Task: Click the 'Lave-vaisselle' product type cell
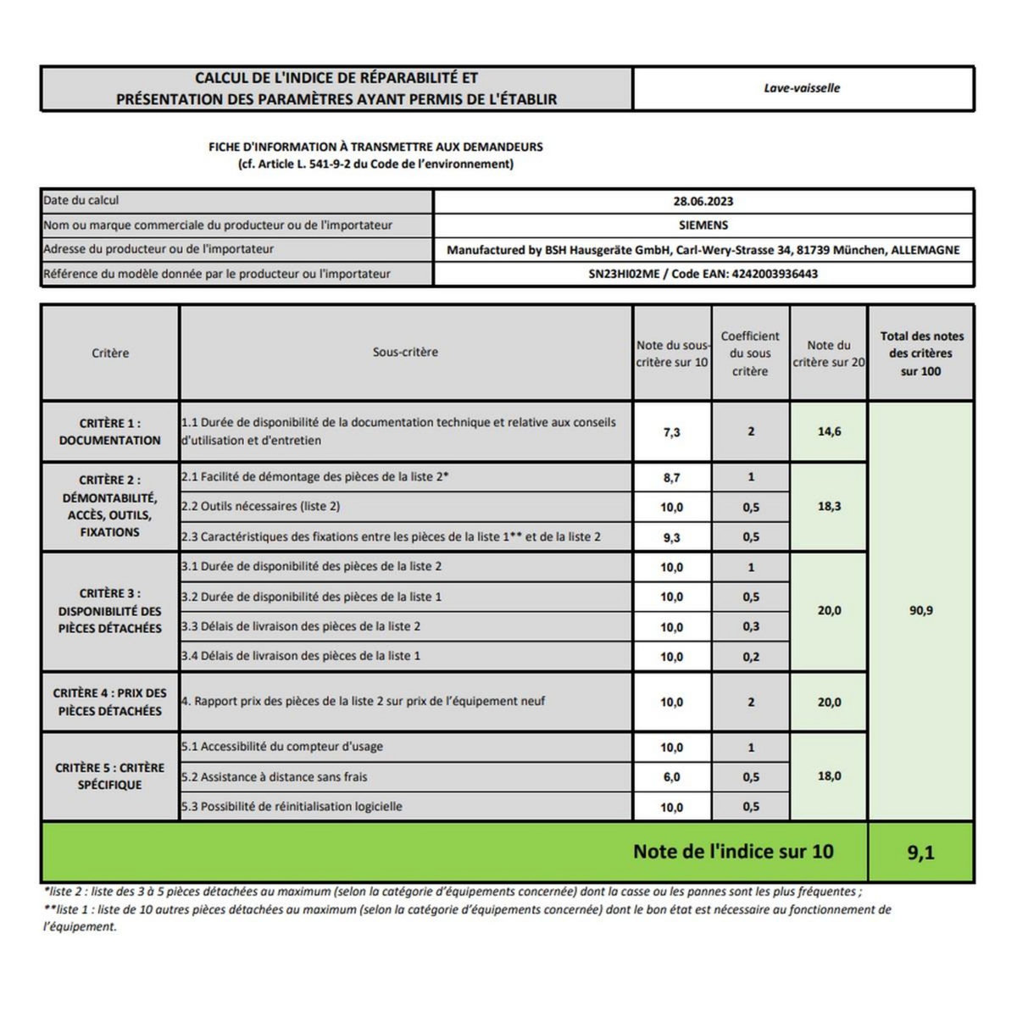pyautogui.click(x=802, y=88)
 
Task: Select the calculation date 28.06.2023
pyautogui.click(x=703, y=202)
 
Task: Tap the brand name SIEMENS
pyautogui.click(x=703, y=225)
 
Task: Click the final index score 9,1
pyautogui.click(x=920, y=853)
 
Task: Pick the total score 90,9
pyautogui.click(x=920, y=610)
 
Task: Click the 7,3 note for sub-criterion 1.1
pyautogui.click(x=671, y=432)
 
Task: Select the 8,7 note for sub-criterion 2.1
pyautogui.click(x=671, y=478)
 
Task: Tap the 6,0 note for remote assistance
pyautogui.click(x=671, y=777)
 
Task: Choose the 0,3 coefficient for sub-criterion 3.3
pyautogui.click(x=751, y=627)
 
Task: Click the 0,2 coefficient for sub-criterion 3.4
pyautogui.click(x=751, y=657)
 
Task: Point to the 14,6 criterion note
pyautogui.click(x=829, y=431)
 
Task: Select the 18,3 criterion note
pyautogui.click(x=829, y=507)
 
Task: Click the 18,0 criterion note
pyautogui.click(x=829, y=776)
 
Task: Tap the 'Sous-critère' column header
pyautogui.click(x=405, y=353)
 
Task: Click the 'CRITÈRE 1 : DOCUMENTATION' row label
pyautogui.click(x=109, y=431)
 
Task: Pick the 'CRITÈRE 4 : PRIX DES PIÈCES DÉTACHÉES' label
pyautogui.click(x=109, y=702)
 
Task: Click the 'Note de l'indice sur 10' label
pyautogui.click(x=733, y=852)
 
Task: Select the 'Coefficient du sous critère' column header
pyautogui.click(x=750, y=353)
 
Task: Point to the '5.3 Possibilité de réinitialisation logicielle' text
pyautogui.click(x=292, y=807)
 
